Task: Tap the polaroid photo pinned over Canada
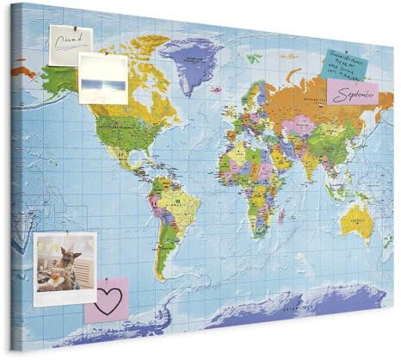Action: (102, 78)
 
